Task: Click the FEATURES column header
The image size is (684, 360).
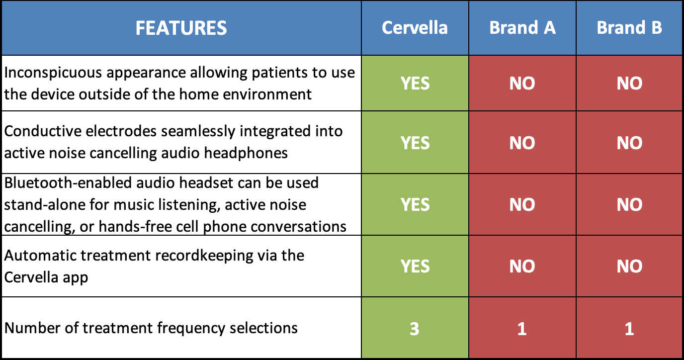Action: pos(181,28)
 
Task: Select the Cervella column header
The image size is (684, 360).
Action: pos(415,28)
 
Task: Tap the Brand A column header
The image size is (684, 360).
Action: pos(522,28)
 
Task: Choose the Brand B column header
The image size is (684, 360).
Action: pos(629,28)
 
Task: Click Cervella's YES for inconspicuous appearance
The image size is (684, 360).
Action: pos(415,83)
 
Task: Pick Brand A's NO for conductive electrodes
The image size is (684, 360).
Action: pos(522,143)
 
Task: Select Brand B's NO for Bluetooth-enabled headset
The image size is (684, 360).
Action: pos(629,204)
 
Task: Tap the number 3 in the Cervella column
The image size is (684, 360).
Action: pos(415,329)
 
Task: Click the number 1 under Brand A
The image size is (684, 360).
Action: pos(522,329)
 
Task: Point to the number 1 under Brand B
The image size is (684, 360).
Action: pos(629,329)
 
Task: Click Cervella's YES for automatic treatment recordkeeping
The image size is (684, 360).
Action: pos(415,267)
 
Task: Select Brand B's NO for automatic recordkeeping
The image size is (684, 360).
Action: pos(629,267)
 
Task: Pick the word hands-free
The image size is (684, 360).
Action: pos(121,226)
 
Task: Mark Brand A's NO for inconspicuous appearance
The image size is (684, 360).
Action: pos(522,83)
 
